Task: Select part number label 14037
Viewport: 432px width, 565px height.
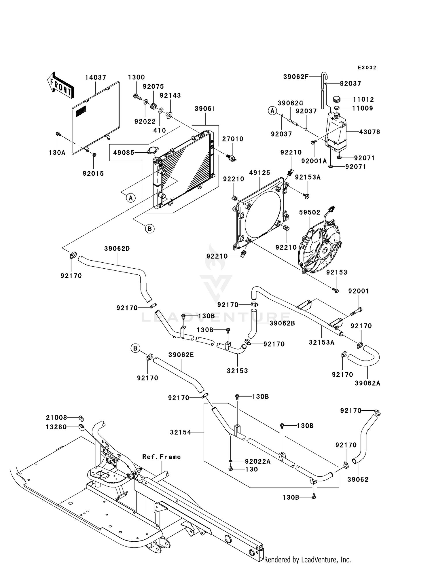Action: click(96, 77)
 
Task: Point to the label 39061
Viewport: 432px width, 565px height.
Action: click(205, 109)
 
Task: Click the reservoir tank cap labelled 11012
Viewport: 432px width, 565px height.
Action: click(336, 100)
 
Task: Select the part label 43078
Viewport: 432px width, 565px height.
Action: click(370, 132)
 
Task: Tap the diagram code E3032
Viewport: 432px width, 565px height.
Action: click(367, 68)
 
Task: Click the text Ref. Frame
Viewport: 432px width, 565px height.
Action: click(162, 457)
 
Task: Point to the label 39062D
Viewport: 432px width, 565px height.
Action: click(117, 249)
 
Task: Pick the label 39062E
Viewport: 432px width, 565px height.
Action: click(181, 355)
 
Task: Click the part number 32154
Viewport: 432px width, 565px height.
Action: click(181, 432)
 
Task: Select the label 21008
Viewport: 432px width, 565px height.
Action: click(56, 417)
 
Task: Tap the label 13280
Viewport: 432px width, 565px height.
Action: click(56, 427)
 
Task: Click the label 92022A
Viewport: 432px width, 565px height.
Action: click(258, 461)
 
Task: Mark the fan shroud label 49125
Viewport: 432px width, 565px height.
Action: click(260, 173)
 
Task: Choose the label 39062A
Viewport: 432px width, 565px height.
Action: click(367, 383)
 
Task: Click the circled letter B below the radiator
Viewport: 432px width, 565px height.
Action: click(150, 229)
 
